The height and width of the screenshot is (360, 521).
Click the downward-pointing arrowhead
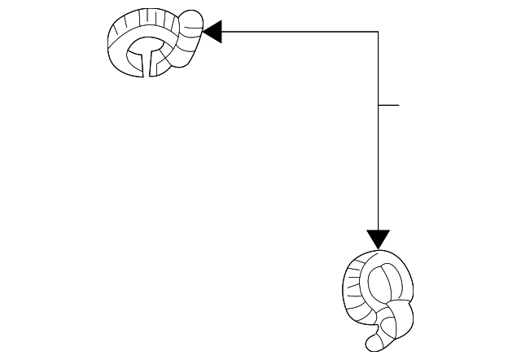pyautogui.click(x=379, y=239)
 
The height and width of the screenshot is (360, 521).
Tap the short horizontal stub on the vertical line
pyautogui.click(x=389, y=105)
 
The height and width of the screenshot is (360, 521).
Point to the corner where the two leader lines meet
pyautogui.click(x=379, y=32)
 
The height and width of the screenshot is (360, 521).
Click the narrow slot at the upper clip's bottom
pyautogui.click(x=147, y=65)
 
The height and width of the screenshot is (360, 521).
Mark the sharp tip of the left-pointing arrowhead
pyautogui.click(x=203, y=32)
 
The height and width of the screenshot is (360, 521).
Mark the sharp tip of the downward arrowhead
pyautogui.click(x=379, y=249)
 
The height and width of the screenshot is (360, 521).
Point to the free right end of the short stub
pyautogui.click(x=399, y=105)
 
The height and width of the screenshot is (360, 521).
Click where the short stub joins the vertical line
pyautogui.click(x=379, y=105)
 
